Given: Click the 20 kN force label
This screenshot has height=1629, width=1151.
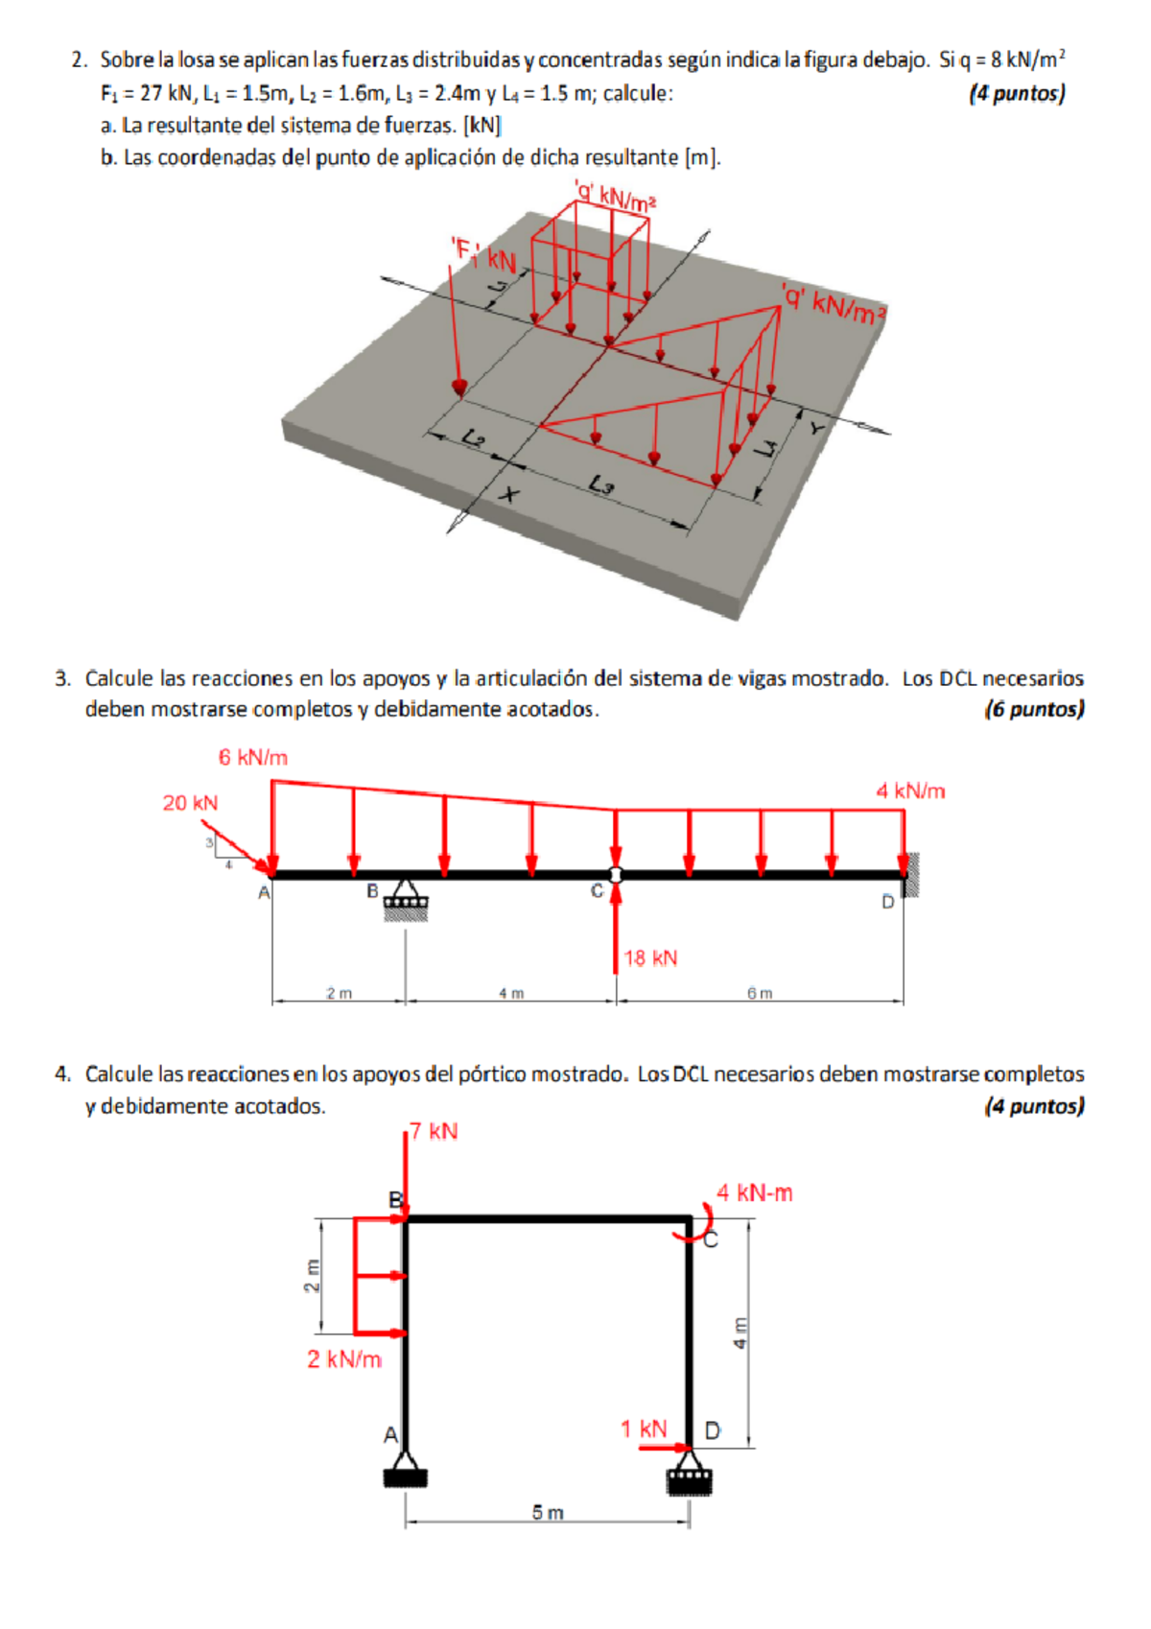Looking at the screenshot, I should (x=190, y=803).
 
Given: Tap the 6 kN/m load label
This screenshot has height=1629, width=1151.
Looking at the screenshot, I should (x=252, y=758).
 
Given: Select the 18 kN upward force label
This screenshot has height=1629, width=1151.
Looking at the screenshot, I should (x=650, y=958).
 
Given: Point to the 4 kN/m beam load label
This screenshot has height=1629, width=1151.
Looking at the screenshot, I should (x=909, y=791).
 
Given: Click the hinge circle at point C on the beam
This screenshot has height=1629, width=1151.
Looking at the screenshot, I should (x=616, y=875).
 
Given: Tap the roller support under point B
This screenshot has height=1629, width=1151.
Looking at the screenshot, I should (x=406, y=902).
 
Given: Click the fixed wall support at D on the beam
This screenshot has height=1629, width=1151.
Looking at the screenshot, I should (x=911, y=874).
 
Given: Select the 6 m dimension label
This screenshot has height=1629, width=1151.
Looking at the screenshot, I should (x=760, y=994).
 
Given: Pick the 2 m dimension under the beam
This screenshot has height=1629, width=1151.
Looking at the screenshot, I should (x=339, y=994).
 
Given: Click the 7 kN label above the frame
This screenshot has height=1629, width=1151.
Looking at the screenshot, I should (x=434, y=1132).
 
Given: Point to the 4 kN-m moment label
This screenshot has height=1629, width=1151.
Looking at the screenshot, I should (x=755, y=1193).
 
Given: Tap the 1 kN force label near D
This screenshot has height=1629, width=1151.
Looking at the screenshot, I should (x=643, y=1429).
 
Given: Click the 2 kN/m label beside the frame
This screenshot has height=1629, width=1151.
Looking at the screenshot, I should (x=344, y=1359).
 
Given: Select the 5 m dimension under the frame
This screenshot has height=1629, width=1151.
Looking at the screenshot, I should (x=548, y=1513).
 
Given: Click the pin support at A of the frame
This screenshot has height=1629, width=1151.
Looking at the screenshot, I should (x=406, y=1474).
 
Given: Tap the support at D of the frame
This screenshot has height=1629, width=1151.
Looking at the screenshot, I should (x=690, y=1477).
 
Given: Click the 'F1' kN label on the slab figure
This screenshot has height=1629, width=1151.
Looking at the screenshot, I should (x=483, y=256).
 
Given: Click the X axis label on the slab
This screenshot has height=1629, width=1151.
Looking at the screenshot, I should (x=510, y=495).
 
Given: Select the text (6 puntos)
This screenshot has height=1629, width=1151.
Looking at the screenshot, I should (x=1034, y=710).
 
